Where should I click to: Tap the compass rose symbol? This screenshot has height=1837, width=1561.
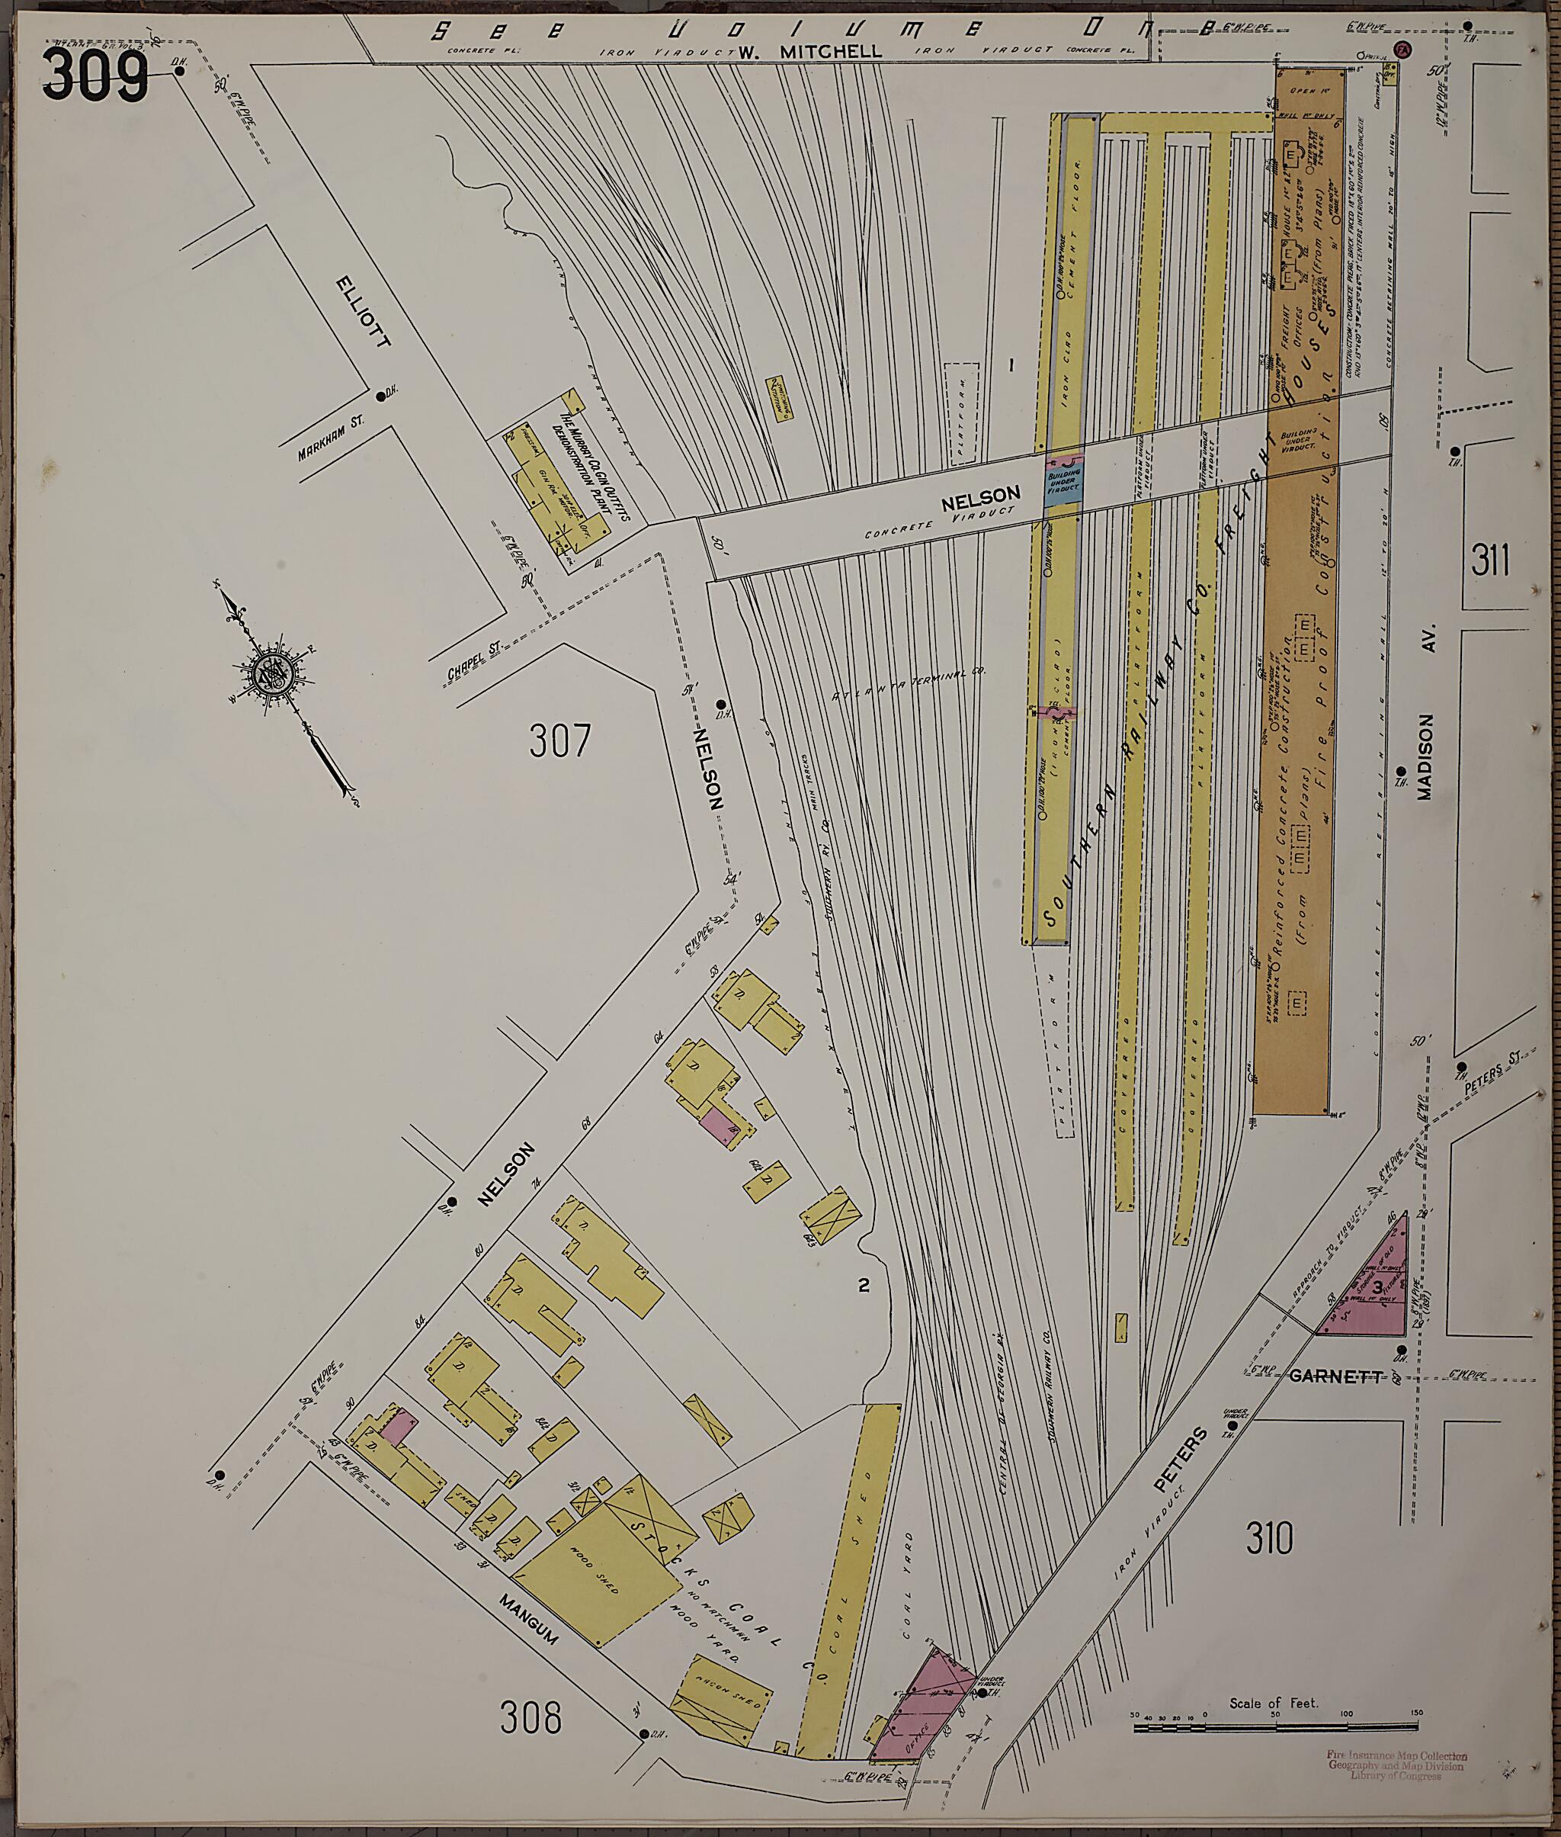(x=269, y=676)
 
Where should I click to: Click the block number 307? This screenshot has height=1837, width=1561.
(x=559, y=740)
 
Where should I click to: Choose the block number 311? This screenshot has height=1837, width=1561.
(x=1490, y=560)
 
